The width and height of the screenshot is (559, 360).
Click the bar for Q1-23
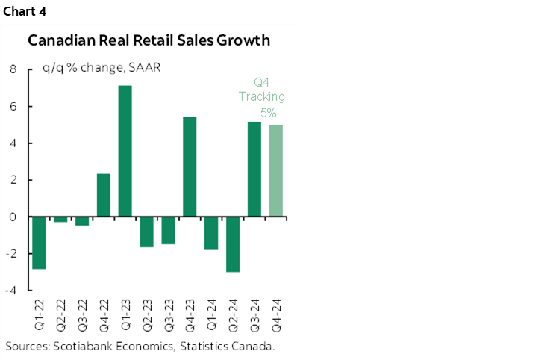[125, 152]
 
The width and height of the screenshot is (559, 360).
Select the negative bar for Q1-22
[39, 243]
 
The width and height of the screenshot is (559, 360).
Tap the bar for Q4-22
[104, 195]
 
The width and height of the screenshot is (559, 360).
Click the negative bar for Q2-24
[233, 244]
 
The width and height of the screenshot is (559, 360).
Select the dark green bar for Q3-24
[254, 170]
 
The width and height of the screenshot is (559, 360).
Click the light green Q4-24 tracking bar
[275, 171]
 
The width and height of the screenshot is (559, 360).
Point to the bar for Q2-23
[147, 232]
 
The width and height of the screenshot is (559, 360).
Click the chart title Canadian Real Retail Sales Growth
[149, 40]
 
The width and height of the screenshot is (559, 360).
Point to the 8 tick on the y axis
[13, 70]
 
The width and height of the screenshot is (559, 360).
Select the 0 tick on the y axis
[13, 217]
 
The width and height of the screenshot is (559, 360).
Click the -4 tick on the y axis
[11, 291]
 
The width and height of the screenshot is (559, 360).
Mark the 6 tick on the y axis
[13, 107]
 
